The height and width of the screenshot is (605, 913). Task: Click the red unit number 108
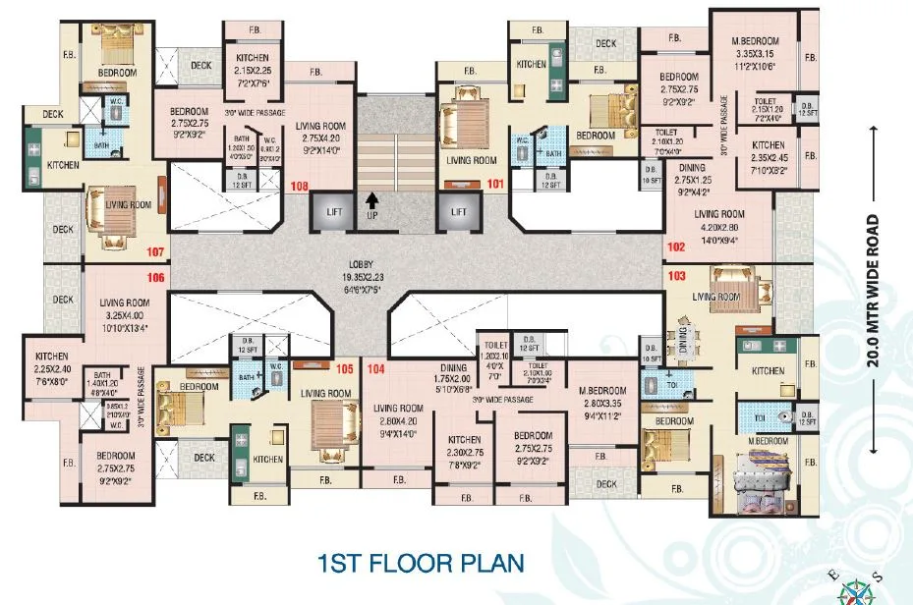pos(300,185)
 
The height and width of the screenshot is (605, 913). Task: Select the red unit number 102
pos(676,247)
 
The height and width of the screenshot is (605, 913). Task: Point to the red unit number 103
pos(676,277)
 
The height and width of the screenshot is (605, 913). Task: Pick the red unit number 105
pos(343,369)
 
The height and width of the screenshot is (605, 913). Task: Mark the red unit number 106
pos(155,278)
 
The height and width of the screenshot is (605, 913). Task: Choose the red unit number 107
pos(155,251)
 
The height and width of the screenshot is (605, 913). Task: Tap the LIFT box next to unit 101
pos(458,210)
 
